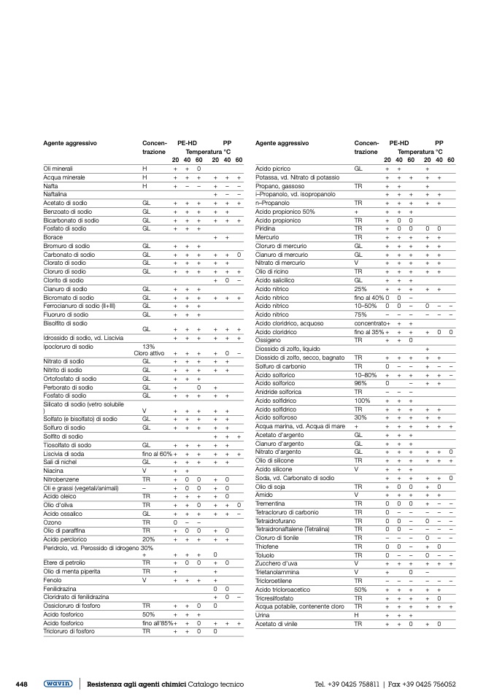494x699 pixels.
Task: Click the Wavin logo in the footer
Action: point(61,684)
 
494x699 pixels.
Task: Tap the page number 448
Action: point(21,684)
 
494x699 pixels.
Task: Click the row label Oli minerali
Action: point(58,169)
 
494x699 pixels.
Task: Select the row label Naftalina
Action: point(55,194)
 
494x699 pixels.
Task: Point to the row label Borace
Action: point(53,237)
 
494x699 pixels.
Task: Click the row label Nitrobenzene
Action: point(61,479)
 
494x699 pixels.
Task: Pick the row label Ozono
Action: point(53,522)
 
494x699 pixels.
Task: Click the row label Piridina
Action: point(266,228)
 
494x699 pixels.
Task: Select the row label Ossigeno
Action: point(268,340)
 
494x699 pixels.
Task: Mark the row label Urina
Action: point(263,615)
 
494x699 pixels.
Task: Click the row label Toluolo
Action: point(266,555)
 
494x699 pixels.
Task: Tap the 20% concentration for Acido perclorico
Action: point(148,539)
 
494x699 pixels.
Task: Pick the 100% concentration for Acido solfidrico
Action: point(362,401)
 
